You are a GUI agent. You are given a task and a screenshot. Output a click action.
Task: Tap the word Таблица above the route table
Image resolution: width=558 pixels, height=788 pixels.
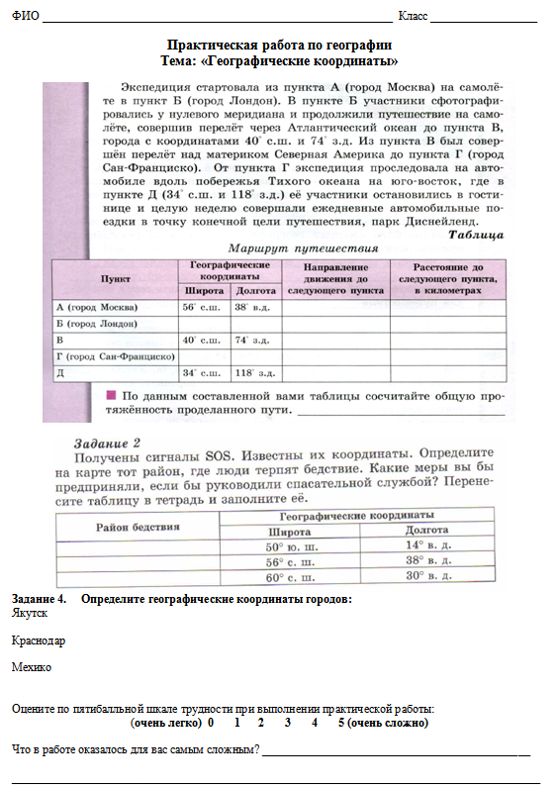point(477,235)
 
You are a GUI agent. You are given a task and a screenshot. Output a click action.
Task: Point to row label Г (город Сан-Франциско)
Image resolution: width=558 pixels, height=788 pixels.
point(116,355)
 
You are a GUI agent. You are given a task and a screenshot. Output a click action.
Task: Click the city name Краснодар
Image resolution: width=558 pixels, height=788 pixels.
point(39,640)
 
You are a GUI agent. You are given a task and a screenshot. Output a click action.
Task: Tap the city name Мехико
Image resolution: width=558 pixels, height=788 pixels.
point(32,667)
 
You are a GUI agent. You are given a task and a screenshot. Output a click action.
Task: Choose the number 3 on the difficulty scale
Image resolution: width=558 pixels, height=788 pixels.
point(287,723)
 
